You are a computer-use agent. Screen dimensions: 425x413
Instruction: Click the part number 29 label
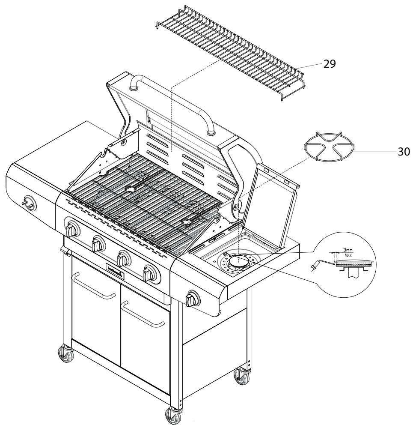click(x=330, y=64)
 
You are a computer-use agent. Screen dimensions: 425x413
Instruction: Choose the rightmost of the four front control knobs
click(x=150, y=272)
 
